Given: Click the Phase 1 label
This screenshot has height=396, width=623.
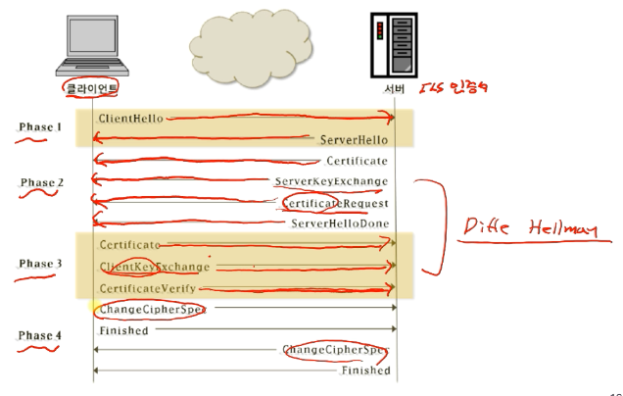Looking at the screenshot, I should point(40,127).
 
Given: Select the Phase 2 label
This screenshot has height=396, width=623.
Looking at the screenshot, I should point(42,183).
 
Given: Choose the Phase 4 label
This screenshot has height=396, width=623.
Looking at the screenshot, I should point(40,336).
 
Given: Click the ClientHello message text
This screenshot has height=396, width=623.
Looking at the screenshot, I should point(129,118).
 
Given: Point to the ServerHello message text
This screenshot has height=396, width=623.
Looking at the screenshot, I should point(355,140).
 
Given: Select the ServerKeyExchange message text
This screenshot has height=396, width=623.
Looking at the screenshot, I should point(331,181).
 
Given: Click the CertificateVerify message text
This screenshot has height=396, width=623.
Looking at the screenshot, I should point(147,288).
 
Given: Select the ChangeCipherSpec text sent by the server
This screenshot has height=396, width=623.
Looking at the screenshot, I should point(335,350).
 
